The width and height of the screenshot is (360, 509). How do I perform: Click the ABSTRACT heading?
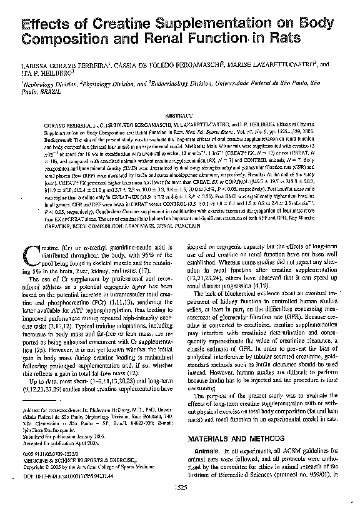click(180, 116)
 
